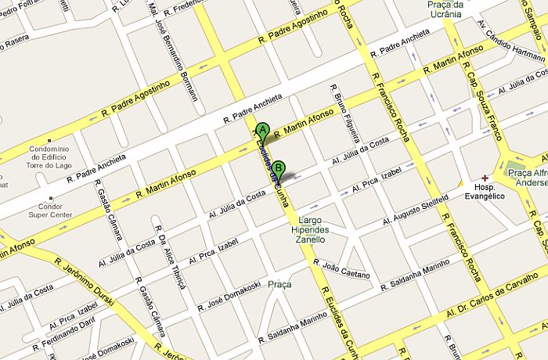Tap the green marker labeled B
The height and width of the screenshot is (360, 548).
[279, 167]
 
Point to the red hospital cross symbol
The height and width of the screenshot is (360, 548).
[485, 178]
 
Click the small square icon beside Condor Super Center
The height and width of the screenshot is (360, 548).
[51, 197]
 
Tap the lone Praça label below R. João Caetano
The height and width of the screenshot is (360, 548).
[279, 284]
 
